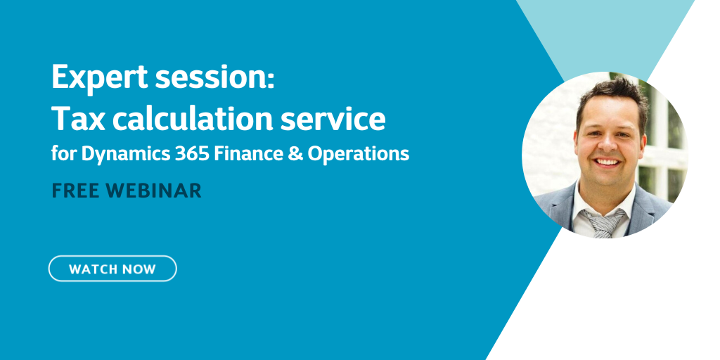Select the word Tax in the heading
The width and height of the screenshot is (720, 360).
[x=79, y=118]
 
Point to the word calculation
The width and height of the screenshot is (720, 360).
[x=193, y=118]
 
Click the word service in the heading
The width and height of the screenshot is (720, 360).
[x=333, y=119]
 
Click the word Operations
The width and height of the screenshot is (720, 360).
[x=358, y=155]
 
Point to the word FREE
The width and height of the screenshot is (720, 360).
[x=74, y=191]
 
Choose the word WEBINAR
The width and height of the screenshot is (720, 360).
[x=154, y=191]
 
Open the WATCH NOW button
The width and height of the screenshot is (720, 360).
[x=112, y=269]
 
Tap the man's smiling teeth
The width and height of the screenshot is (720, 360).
[x=607, y=162]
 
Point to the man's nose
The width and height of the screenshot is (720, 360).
[x=607, y=143]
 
